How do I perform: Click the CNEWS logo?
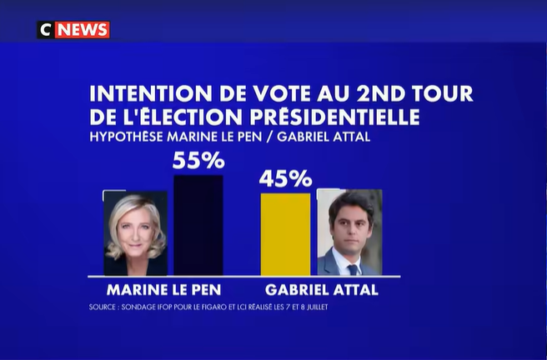(73, 30)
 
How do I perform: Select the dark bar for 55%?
(198, 225)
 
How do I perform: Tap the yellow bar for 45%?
(285, 234)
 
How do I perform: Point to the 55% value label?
(198, 160)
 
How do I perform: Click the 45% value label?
(285, 179)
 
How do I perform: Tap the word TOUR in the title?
(442, 93)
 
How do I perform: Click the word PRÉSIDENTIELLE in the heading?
(334, 117)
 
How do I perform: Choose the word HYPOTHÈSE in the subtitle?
(126, 137)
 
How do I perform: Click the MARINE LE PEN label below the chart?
(163, 290)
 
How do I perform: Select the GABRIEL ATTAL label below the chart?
(322, 290)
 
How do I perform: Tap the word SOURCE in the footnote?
(102, 307)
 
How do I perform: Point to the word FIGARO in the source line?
(212, 307)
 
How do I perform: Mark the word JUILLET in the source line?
(317, 307)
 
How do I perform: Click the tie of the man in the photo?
(353, 269)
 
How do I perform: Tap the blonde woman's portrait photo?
(135, 233)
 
